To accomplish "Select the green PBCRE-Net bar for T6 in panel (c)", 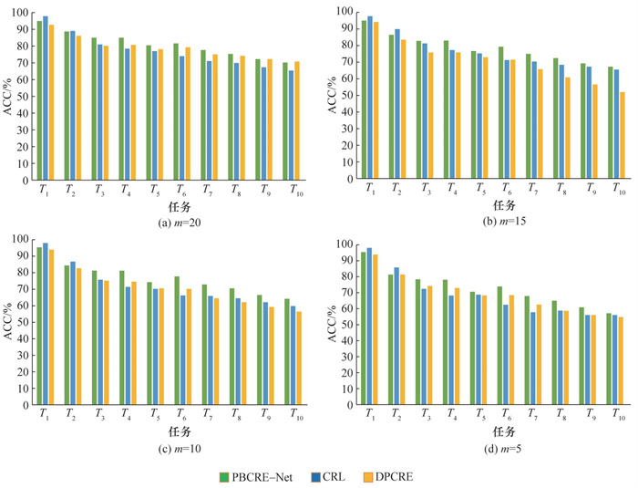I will point(175,338).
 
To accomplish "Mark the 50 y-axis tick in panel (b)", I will point(344,94).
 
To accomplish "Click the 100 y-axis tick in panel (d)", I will point(342,244).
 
